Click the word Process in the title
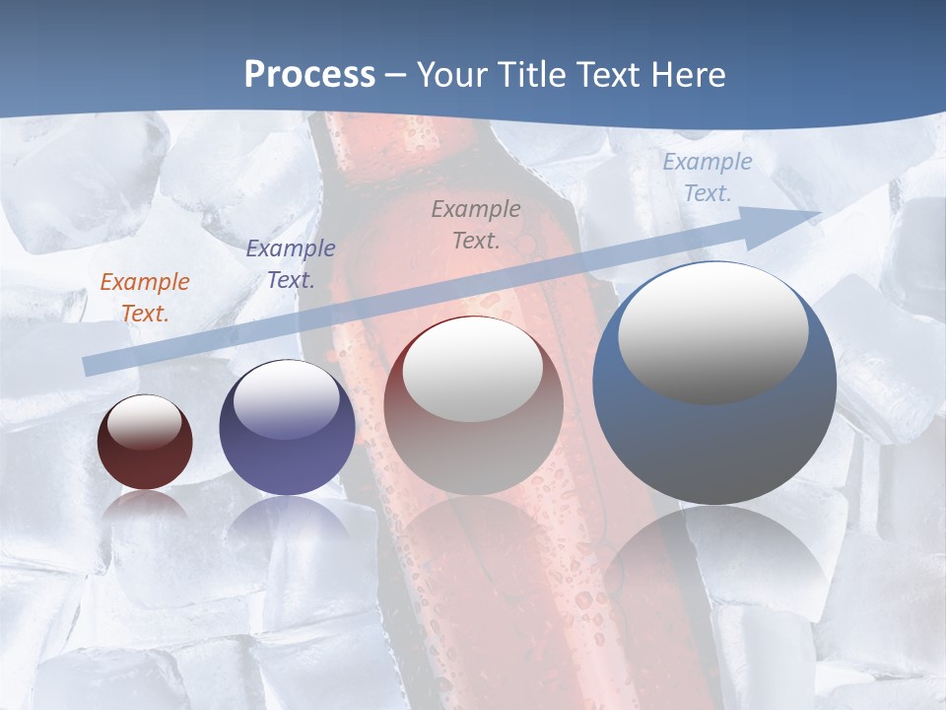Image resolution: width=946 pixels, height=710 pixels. (309, 75)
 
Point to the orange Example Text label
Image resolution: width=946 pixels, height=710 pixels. (145, 298)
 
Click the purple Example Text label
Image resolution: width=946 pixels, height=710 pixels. (291, 264)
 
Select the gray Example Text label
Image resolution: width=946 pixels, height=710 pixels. (476, 224)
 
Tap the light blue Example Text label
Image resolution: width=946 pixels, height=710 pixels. (707, 177)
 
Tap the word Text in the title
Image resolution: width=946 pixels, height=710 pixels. (612, 75)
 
